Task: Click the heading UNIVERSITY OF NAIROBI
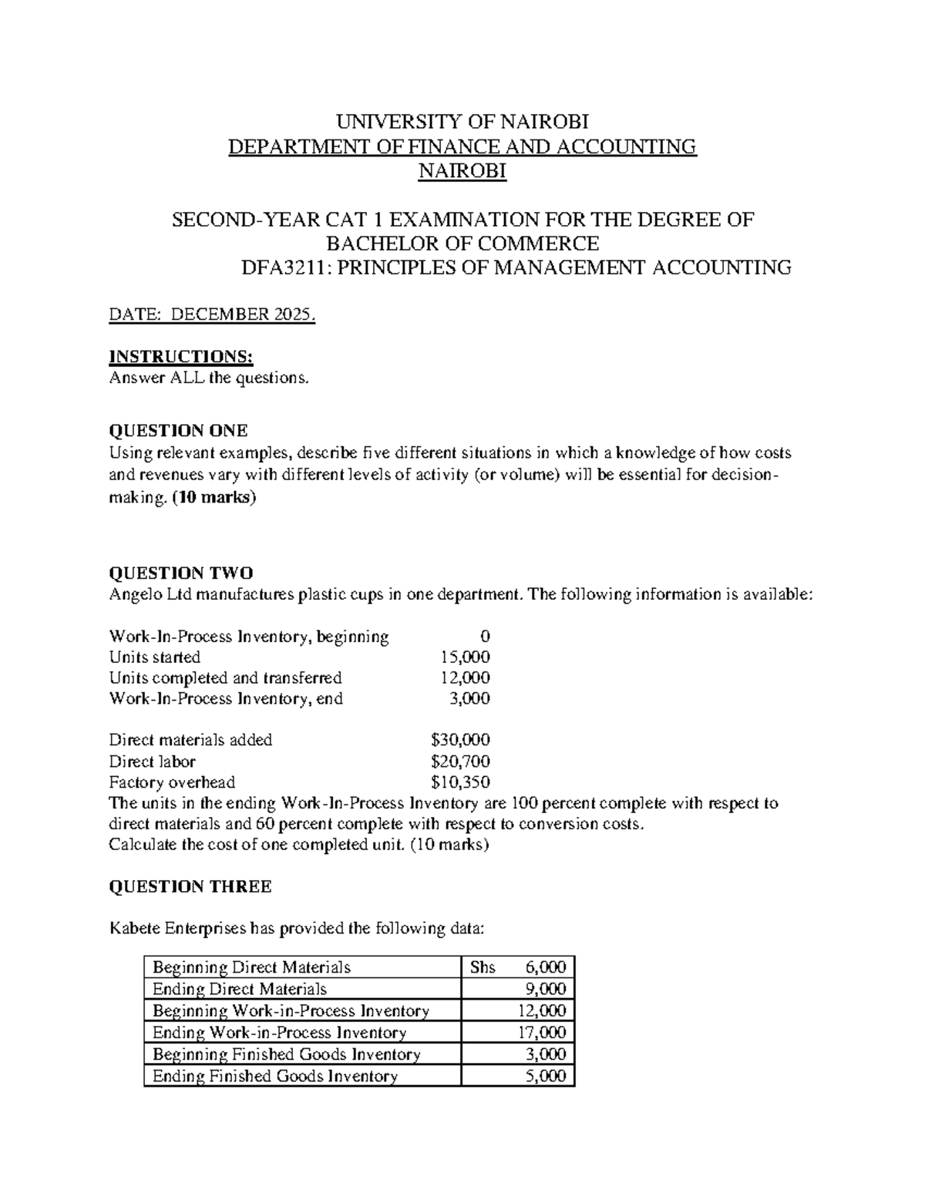click(462, 122)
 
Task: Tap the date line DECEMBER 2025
click(213, 315)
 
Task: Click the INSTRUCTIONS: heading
click(181, 356)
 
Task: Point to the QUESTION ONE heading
click(179, 430)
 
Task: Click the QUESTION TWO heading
click(181, 573)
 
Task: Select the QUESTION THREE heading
click(190, 886)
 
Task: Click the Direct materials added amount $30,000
click(460, 740)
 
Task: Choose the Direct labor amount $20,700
click(460, 762)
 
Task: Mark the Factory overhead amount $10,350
click(460, 782)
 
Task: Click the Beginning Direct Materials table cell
click(252, 967)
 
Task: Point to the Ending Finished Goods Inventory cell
click(275, 1076)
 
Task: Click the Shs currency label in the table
click(483, 967)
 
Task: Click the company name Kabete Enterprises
click(177, 929)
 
